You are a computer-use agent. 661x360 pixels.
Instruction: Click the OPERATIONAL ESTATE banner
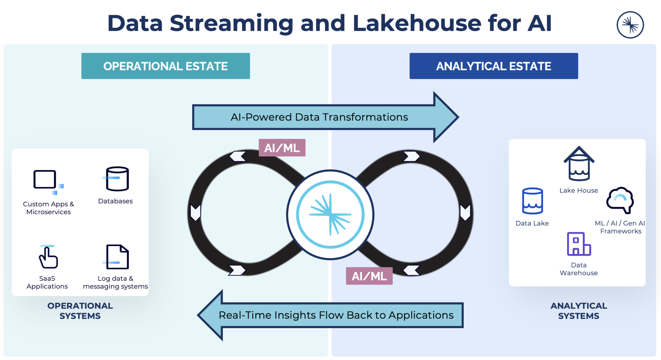[166, 66]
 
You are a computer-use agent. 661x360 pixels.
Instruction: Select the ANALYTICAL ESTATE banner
[493, 66]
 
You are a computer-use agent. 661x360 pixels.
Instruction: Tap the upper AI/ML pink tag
[282, 148]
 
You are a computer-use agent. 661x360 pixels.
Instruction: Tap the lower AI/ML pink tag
[369, 276]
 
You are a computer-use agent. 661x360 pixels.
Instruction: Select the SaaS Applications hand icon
[48, 257]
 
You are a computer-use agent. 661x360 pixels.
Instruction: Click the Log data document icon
[117, 257]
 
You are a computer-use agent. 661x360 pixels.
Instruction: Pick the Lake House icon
[579, 164]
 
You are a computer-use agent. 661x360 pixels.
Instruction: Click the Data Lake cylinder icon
[532, 201]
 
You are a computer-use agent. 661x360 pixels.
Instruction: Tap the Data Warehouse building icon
[578, 244]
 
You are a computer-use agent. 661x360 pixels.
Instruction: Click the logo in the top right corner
[630, 25]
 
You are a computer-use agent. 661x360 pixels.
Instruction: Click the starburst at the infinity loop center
[330, 215]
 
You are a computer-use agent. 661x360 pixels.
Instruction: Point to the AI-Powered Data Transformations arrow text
[319, 117]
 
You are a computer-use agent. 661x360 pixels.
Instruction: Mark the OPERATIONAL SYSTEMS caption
[80, 311]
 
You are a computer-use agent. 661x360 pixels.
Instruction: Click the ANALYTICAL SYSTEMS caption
[578, 311]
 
